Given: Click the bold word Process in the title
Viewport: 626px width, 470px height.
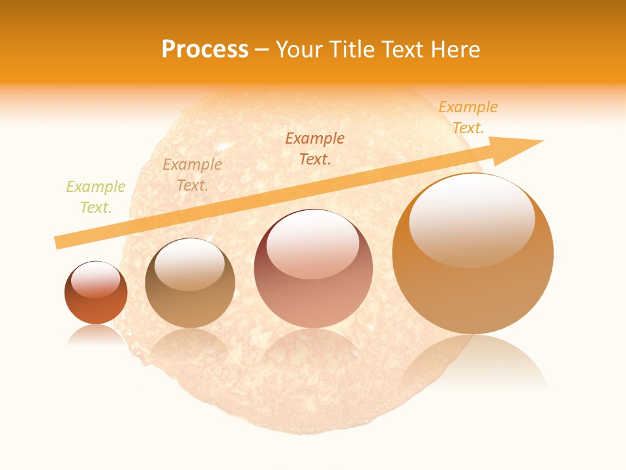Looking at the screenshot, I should (205, 50).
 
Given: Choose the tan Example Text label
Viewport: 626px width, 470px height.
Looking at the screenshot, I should (192, 175).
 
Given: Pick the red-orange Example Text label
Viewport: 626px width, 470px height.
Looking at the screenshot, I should (315, 148).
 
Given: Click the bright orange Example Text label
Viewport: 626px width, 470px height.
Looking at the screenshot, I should (468, 117).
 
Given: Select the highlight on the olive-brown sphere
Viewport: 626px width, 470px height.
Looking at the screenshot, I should (189, 265).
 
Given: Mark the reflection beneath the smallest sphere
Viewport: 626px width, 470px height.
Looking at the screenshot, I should (96, 334).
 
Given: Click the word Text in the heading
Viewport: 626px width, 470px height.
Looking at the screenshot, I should (404, 50).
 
